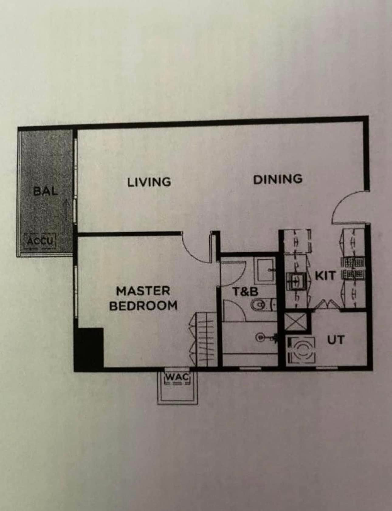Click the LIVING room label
pos(149,182)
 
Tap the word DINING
pos(278,179)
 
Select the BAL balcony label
pos(46,191)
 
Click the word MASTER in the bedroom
pos(143,291)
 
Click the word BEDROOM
pos(143,305)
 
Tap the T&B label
pos(245,292)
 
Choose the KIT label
pos(325,276)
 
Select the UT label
pos(336,340)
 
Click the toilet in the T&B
pos(263,305)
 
